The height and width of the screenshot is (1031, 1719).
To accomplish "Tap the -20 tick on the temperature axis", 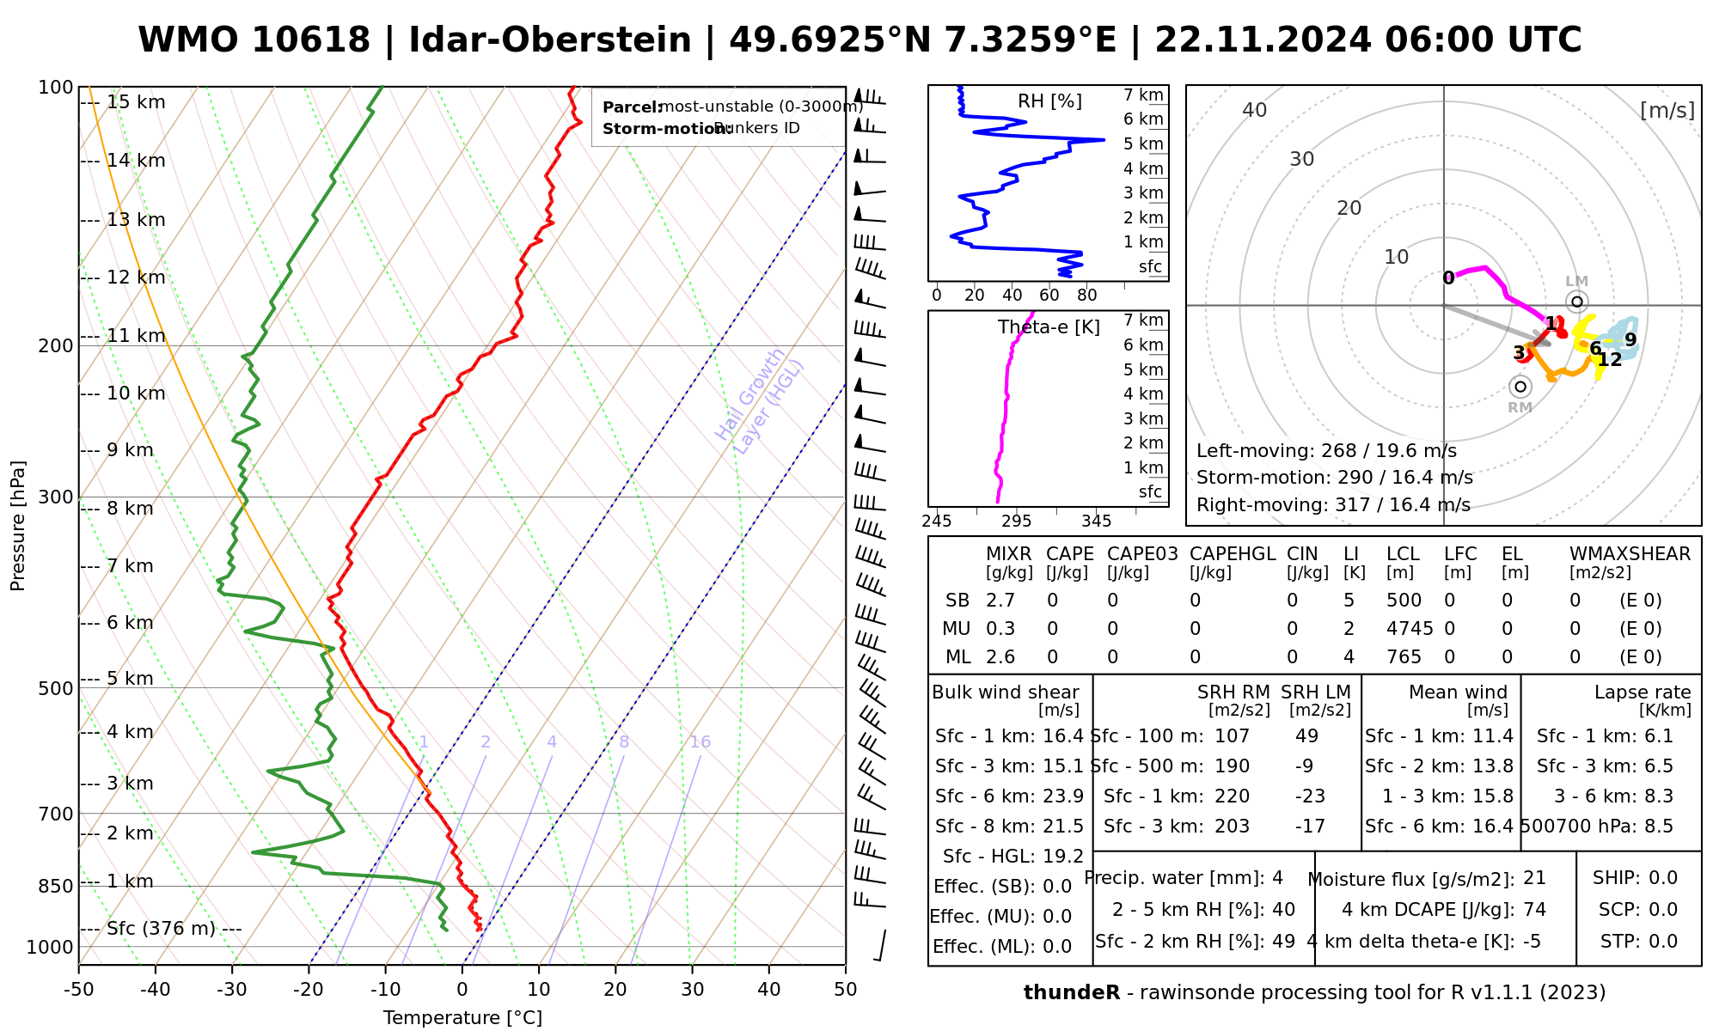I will [x=309, y=990].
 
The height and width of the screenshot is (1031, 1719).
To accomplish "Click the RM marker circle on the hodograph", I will [x=1520, y=387].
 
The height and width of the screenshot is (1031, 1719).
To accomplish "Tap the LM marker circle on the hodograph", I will [x=1576, y=302].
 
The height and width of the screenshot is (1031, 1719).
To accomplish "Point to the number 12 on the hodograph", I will [x=1609, y=360].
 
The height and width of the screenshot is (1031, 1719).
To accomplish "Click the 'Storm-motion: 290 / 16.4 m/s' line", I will [x=1334, y=478].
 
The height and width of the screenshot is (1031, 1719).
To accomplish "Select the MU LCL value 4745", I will [x=1410, y=629].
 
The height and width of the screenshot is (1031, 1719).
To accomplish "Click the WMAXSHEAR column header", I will [x=1630, y=554].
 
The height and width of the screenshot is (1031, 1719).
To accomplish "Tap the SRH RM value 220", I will [x=1232, y=796].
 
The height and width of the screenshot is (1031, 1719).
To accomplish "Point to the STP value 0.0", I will [x=1663, y=942].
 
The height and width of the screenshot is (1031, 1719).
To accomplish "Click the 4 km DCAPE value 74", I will [x=1534, y=910].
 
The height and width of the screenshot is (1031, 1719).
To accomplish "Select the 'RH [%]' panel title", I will [x=1049, y=101].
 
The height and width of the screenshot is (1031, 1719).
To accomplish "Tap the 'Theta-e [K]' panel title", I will [x=1049, y=327].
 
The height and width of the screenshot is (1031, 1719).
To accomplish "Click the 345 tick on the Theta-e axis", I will [x=1096, y=522].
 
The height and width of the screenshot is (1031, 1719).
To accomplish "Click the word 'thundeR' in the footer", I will [x=1072, y=993].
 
